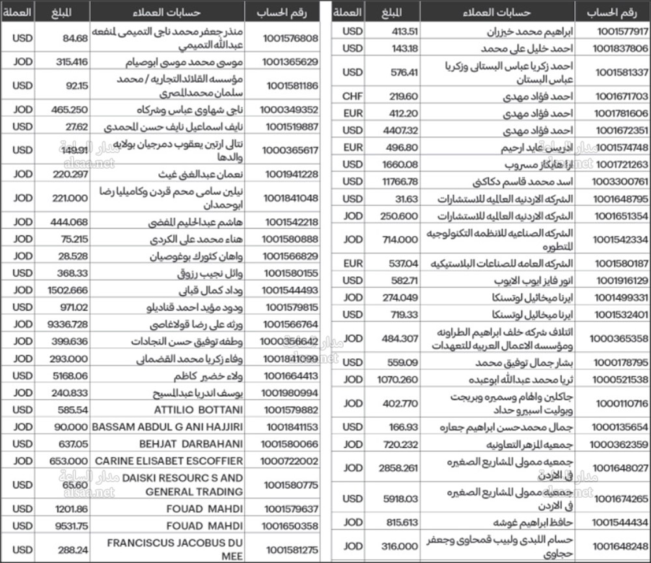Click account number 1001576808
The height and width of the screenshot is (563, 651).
[290, 38]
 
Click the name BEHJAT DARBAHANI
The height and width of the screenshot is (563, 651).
[191, 444]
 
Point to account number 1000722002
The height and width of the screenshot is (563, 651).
[290, 461]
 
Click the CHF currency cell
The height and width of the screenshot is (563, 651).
[352, 96]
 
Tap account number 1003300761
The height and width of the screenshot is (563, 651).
[622, 181]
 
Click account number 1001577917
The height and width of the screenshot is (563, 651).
[622, 31]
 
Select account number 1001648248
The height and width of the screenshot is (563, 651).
[622, 546]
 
